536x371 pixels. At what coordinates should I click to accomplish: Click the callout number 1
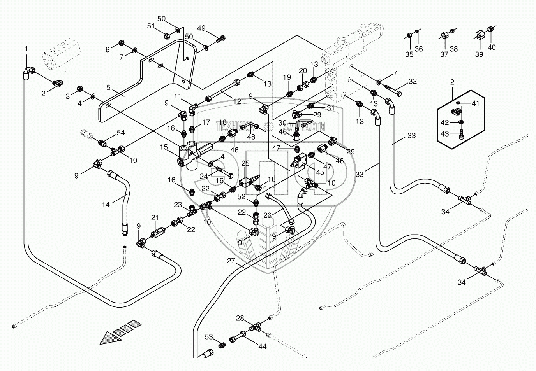[26, 49]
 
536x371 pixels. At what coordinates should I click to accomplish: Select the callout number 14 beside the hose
[106, 205]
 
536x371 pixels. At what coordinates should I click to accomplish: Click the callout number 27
[232, 261]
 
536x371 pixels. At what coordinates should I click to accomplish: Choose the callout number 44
[263, 346]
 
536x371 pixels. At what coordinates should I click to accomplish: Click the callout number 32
[413, 81]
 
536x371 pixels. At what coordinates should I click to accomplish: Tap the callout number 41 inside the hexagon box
[476, 103]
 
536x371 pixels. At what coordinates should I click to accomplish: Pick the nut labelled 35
[409, 36]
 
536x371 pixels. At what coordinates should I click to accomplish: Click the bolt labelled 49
[221, 39]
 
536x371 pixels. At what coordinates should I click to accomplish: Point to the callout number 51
[151, 26]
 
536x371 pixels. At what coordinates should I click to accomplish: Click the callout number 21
[155, 217]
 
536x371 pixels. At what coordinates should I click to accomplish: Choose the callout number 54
[121, 133]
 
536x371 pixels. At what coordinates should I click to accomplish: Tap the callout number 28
[240, 318]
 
